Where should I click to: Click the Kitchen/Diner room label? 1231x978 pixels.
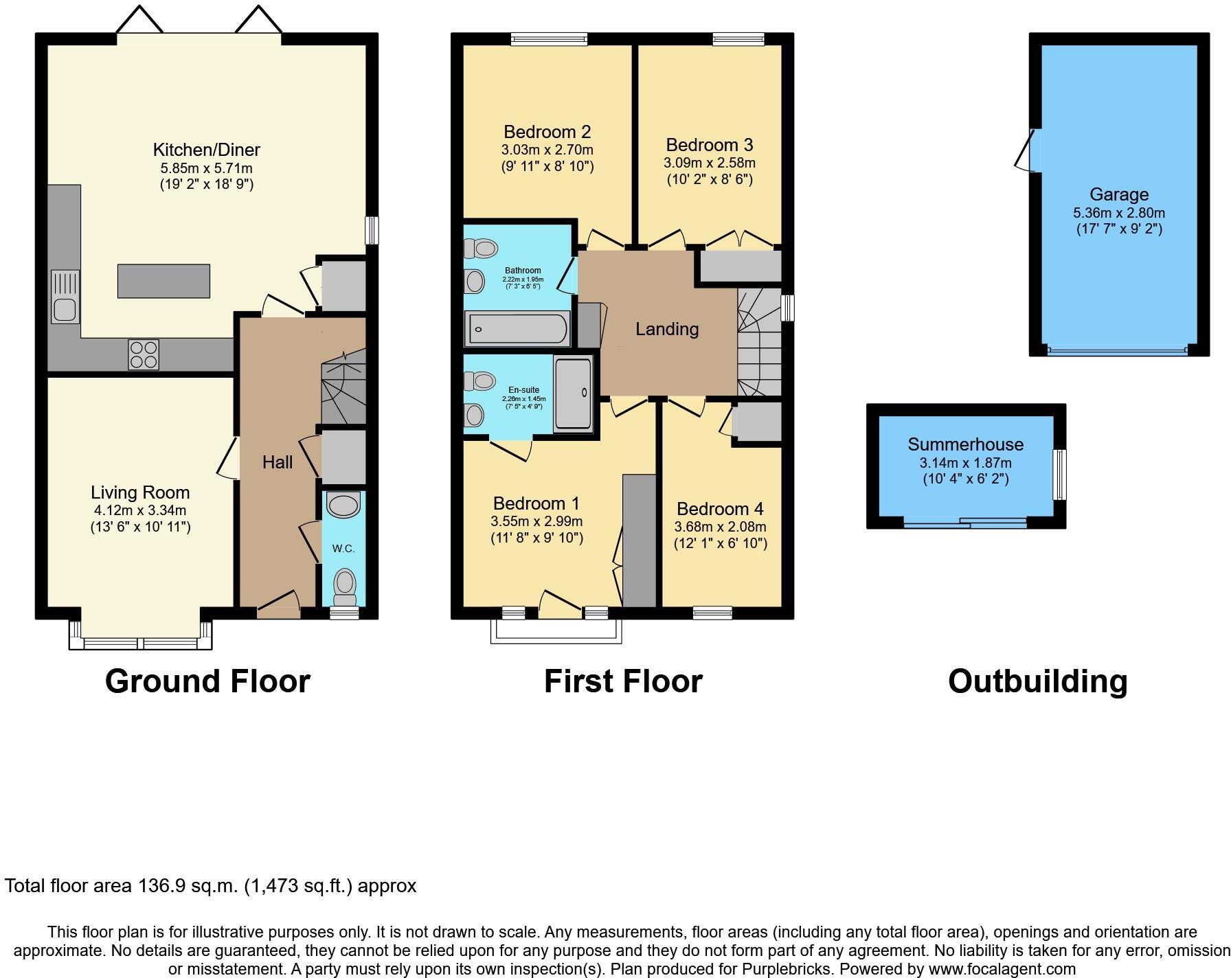click(x=206, y=150)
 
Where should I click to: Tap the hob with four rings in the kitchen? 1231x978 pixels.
click(x=143, y=354)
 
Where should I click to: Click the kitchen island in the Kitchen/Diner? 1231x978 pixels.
click(x=163, y=281)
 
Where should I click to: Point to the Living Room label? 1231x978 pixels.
click(x=140, y=492)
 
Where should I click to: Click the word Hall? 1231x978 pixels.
click(x=278, y=462)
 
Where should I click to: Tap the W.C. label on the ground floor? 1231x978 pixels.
click(x=343, y=549)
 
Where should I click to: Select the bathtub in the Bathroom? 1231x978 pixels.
click(x=517, y=329)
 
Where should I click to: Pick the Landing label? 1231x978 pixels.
click(x=666, y=329)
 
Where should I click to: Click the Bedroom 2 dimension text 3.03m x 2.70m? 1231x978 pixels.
click(x=547, y=150)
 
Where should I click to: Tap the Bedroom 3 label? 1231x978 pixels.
click(x=709, y=145)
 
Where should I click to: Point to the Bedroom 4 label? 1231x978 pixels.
click(x=719, y=509)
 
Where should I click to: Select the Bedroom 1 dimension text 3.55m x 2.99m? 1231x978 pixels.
click(x=536, y=521)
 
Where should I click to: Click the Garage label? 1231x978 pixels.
click(x=1118, y=195)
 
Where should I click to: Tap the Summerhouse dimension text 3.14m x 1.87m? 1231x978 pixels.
click(x=965, y=463)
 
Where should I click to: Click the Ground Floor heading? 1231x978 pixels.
click(x=207, y=681)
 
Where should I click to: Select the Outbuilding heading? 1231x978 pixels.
click(x=1037, y=681)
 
